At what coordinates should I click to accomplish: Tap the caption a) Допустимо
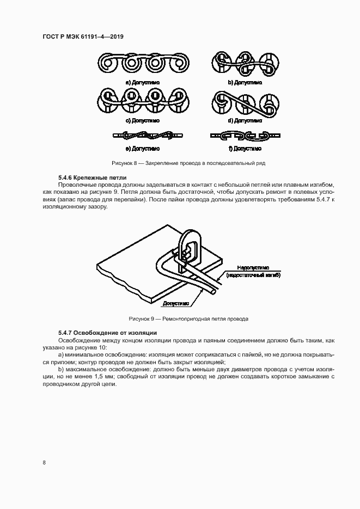click(x=141, y=82)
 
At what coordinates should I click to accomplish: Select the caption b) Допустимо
click(x=245, y=82)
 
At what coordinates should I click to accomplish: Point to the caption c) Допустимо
click(x=141, y=120)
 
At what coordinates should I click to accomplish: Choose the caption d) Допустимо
click(x=245, y=120)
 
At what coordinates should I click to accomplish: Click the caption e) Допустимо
click(x=141, y=148)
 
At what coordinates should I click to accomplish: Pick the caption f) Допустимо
click(x=245, y=148)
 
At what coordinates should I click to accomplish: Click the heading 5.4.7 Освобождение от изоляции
click(x=107, y=332)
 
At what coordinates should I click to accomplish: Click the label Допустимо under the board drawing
click(x=175, y=303)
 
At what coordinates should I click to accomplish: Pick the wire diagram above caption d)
click(x=243, y=102)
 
